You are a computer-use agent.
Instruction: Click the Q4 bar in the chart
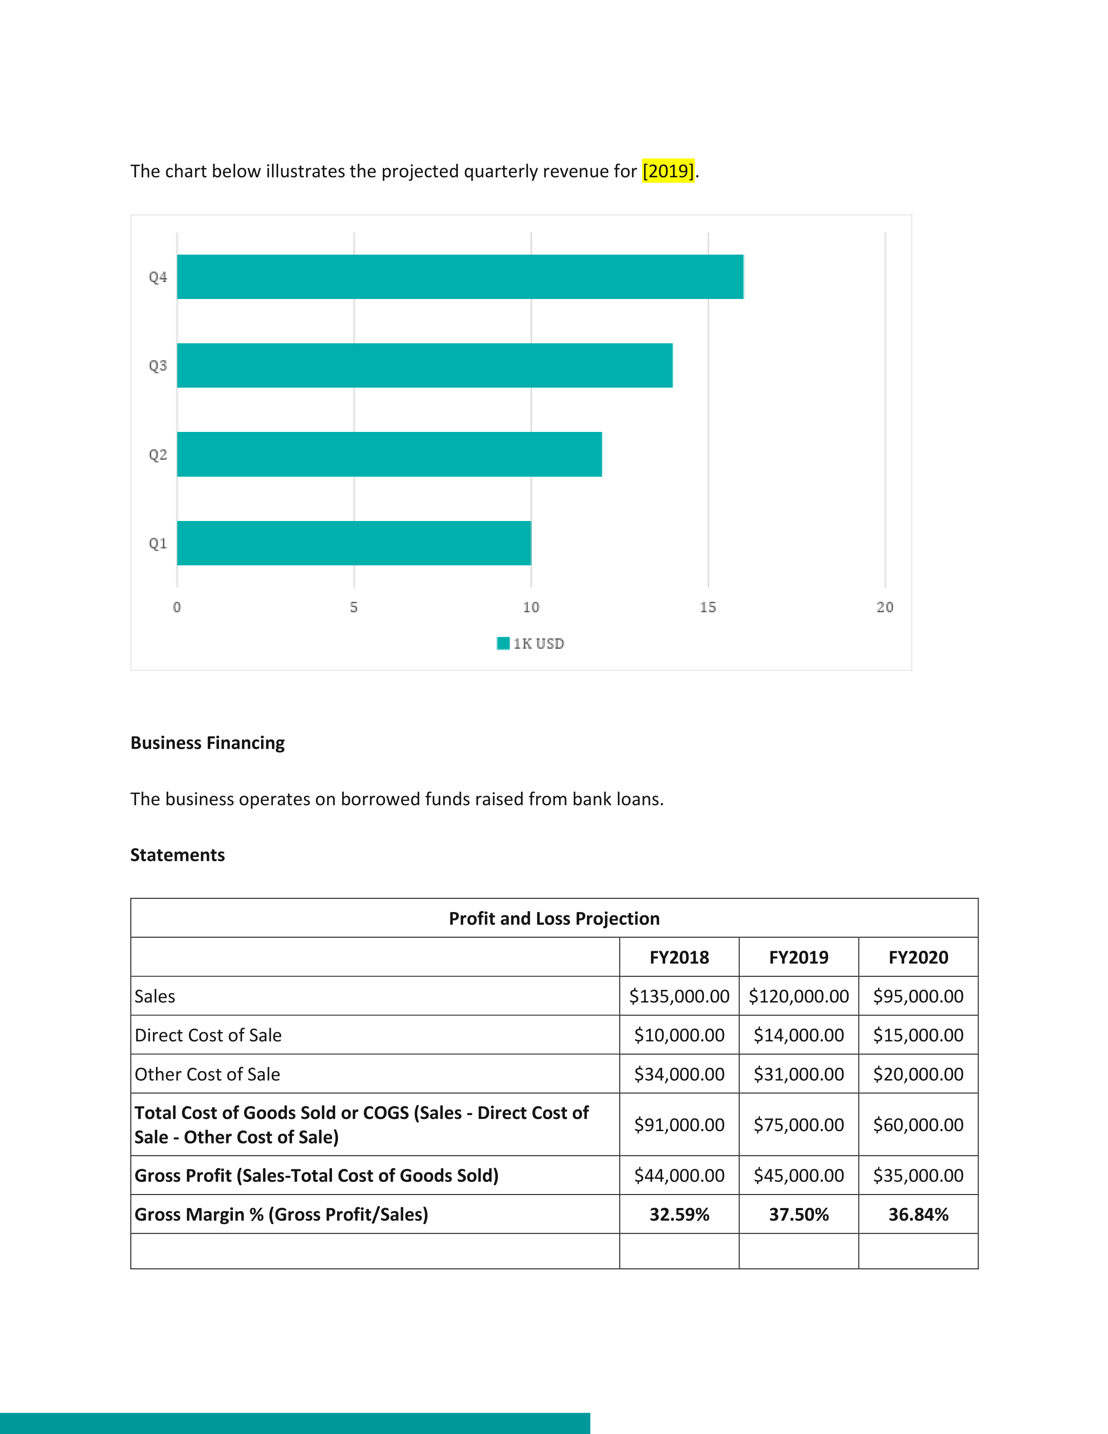click(460, 276)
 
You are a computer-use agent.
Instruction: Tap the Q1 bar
click(354, 543)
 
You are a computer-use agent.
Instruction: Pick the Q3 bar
click(425, 365)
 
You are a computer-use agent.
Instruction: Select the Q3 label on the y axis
click(158, 366)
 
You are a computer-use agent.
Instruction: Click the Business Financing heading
click(207, 743)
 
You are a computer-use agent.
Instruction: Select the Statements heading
click(177, 855)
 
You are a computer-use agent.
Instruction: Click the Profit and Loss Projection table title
click(554, 919)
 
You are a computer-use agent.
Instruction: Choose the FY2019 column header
click(799, 957)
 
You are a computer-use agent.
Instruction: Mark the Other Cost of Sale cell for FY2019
click(799, 1074)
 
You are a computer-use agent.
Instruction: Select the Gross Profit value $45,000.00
click(799, 1175)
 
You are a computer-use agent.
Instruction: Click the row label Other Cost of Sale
click(207, 1074)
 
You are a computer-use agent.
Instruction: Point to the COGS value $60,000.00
click(918, 1125)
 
